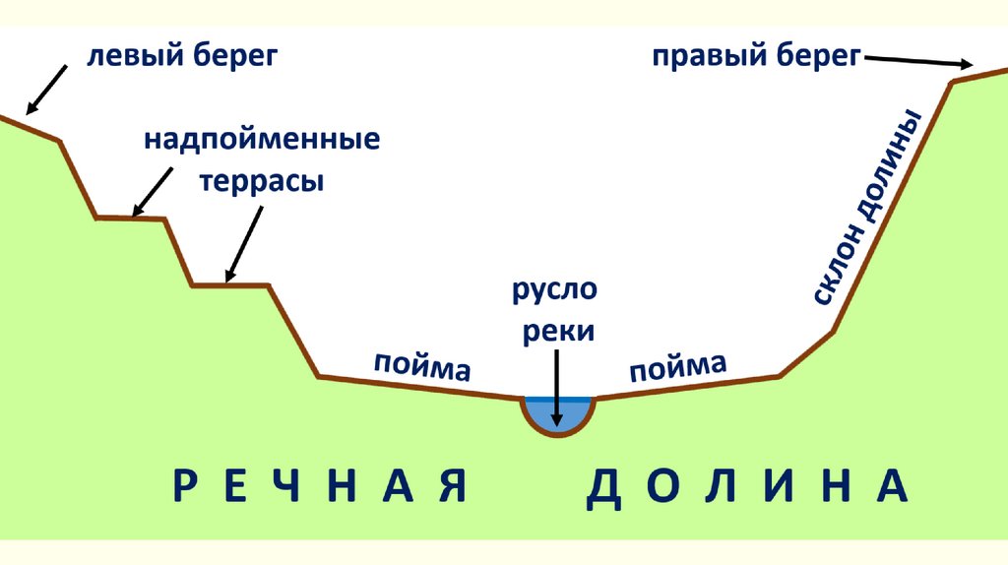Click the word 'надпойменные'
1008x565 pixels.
(263, 139)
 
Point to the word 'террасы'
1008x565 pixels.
(263, 182)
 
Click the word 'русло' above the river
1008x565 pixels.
(553, 292)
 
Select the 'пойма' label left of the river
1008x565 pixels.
(421, 365)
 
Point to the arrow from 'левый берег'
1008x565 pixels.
(47, 88)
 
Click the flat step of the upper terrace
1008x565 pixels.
(129, 218)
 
